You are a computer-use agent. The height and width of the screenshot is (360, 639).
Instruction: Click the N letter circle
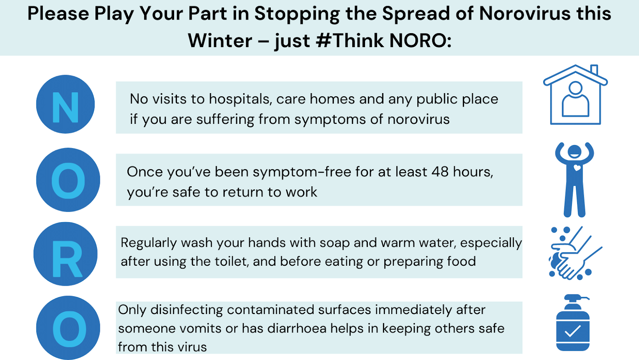point(65,104)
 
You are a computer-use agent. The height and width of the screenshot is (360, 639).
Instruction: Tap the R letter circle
point(65,254)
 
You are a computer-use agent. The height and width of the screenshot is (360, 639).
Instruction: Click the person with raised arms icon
point(574,179)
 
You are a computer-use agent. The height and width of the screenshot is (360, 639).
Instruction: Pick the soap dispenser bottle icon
point(573,323)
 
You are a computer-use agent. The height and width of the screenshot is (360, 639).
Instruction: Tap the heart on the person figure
point(577,168)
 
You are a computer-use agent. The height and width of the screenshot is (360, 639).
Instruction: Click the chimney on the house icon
point(594,70)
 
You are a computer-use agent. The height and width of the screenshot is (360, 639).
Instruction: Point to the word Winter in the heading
point(220,41)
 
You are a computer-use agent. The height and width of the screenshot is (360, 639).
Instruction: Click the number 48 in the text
point(440,172)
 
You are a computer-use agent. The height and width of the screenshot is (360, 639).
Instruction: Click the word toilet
point(231,261)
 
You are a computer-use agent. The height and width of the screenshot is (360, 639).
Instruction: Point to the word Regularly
point(149,243)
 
